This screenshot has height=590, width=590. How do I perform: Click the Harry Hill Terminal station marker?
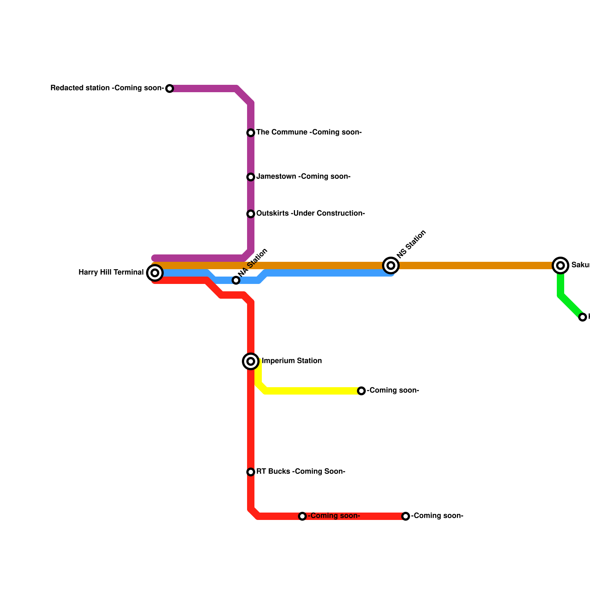(x=155, y=273)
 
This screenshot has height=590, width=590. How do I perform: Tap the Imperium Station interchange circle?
(x=251, y=361)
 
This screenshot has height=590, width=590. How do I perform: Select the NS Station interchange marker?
(x=391, y=265)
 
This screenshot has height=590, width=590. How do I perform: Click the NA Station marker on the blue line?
(x=236, y=280)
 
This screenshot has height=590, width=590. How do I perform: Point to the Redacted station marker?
(x=170, y=88)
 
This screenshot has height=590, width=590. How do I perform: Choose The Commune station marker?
(x=251, y=133)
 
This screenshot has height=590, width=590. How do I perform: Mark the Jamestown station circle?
(x=251, y=177)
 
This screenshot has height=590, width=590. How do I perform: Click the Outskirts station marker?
(x=251, y=214)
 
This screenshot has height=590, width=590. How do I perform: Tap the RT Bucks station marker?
(x=251, y=472)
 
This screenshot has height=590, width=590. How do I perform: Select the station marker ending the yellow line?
(x=361, y=391)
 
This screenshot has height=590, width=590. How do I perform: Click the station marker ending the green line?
(x=583, y=317)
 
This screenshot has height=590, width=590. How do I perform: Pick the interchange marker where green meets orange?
(x=560, y=265)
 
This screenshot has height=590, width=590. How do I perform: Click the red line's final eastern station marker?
(x=406, y=516)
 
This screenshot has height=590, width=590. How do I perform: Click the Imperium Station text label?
(x=292, y=361)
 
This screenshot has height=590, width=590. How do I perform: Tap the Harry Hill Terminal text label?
(x=111, y=273)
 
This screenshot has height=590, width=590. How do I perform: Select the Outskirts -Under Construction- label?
(x=310, y=214)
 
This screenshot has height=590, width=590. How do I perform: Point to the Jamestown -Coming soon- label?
(x=303, y=177)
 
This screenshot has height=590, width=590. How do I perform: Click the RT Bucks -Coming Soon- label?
(x=301, y=472)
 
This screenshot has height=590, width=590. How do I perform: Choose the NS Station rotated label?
(x=412, y=244)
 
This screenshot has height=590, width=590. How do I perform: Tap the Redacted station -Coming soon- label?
(x=107, y=88)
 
